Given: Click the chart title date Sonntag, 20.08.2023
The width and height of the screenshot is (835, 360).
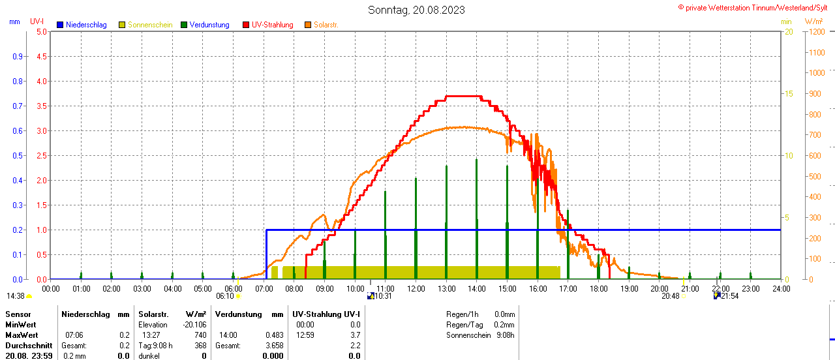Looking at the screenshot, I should click(416, 10).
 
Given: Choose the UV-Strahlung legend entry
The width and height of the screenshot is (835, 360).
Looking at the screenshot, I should click(272, 25).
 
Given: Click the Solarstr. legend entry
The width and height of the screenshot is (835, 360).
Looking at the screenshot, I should click(326, 25).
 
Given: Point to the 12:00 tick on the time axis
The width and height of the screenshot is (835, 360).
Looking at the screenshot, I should click(416, 288).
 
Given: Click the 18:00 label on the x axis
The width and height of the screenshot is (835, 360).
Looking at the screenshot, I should click(598, 288).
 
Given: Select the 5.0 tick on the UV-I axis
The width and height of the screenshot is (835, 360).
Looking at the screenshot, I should click(41, 31).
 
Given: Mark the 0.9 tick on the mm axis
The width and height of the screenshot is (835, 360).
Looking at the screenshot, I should click(17, 56).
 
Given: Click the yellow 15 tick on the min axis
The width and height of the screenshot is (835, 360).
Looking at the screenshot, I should click(788, 93).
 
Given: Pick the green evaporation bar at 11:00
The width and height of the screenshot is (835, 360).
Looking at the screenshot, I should click(386, 235).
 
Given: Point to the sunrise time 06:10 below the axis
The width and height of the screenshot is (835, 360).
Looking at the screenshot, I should click(224, 296).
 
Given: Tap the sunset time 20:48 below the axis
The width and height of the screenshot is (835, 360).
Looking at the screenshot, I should click(670, 296).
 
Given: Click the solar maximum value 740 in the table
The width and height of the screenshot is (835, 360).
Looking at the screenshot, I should click(200, 335).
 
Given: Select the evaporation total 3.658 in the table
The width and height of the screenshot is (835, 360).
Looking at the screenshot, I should click(272, 346).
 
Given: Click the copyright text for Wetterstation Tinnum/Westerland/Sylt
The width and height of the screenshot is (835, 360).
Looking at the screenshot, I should click(755, 7).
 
